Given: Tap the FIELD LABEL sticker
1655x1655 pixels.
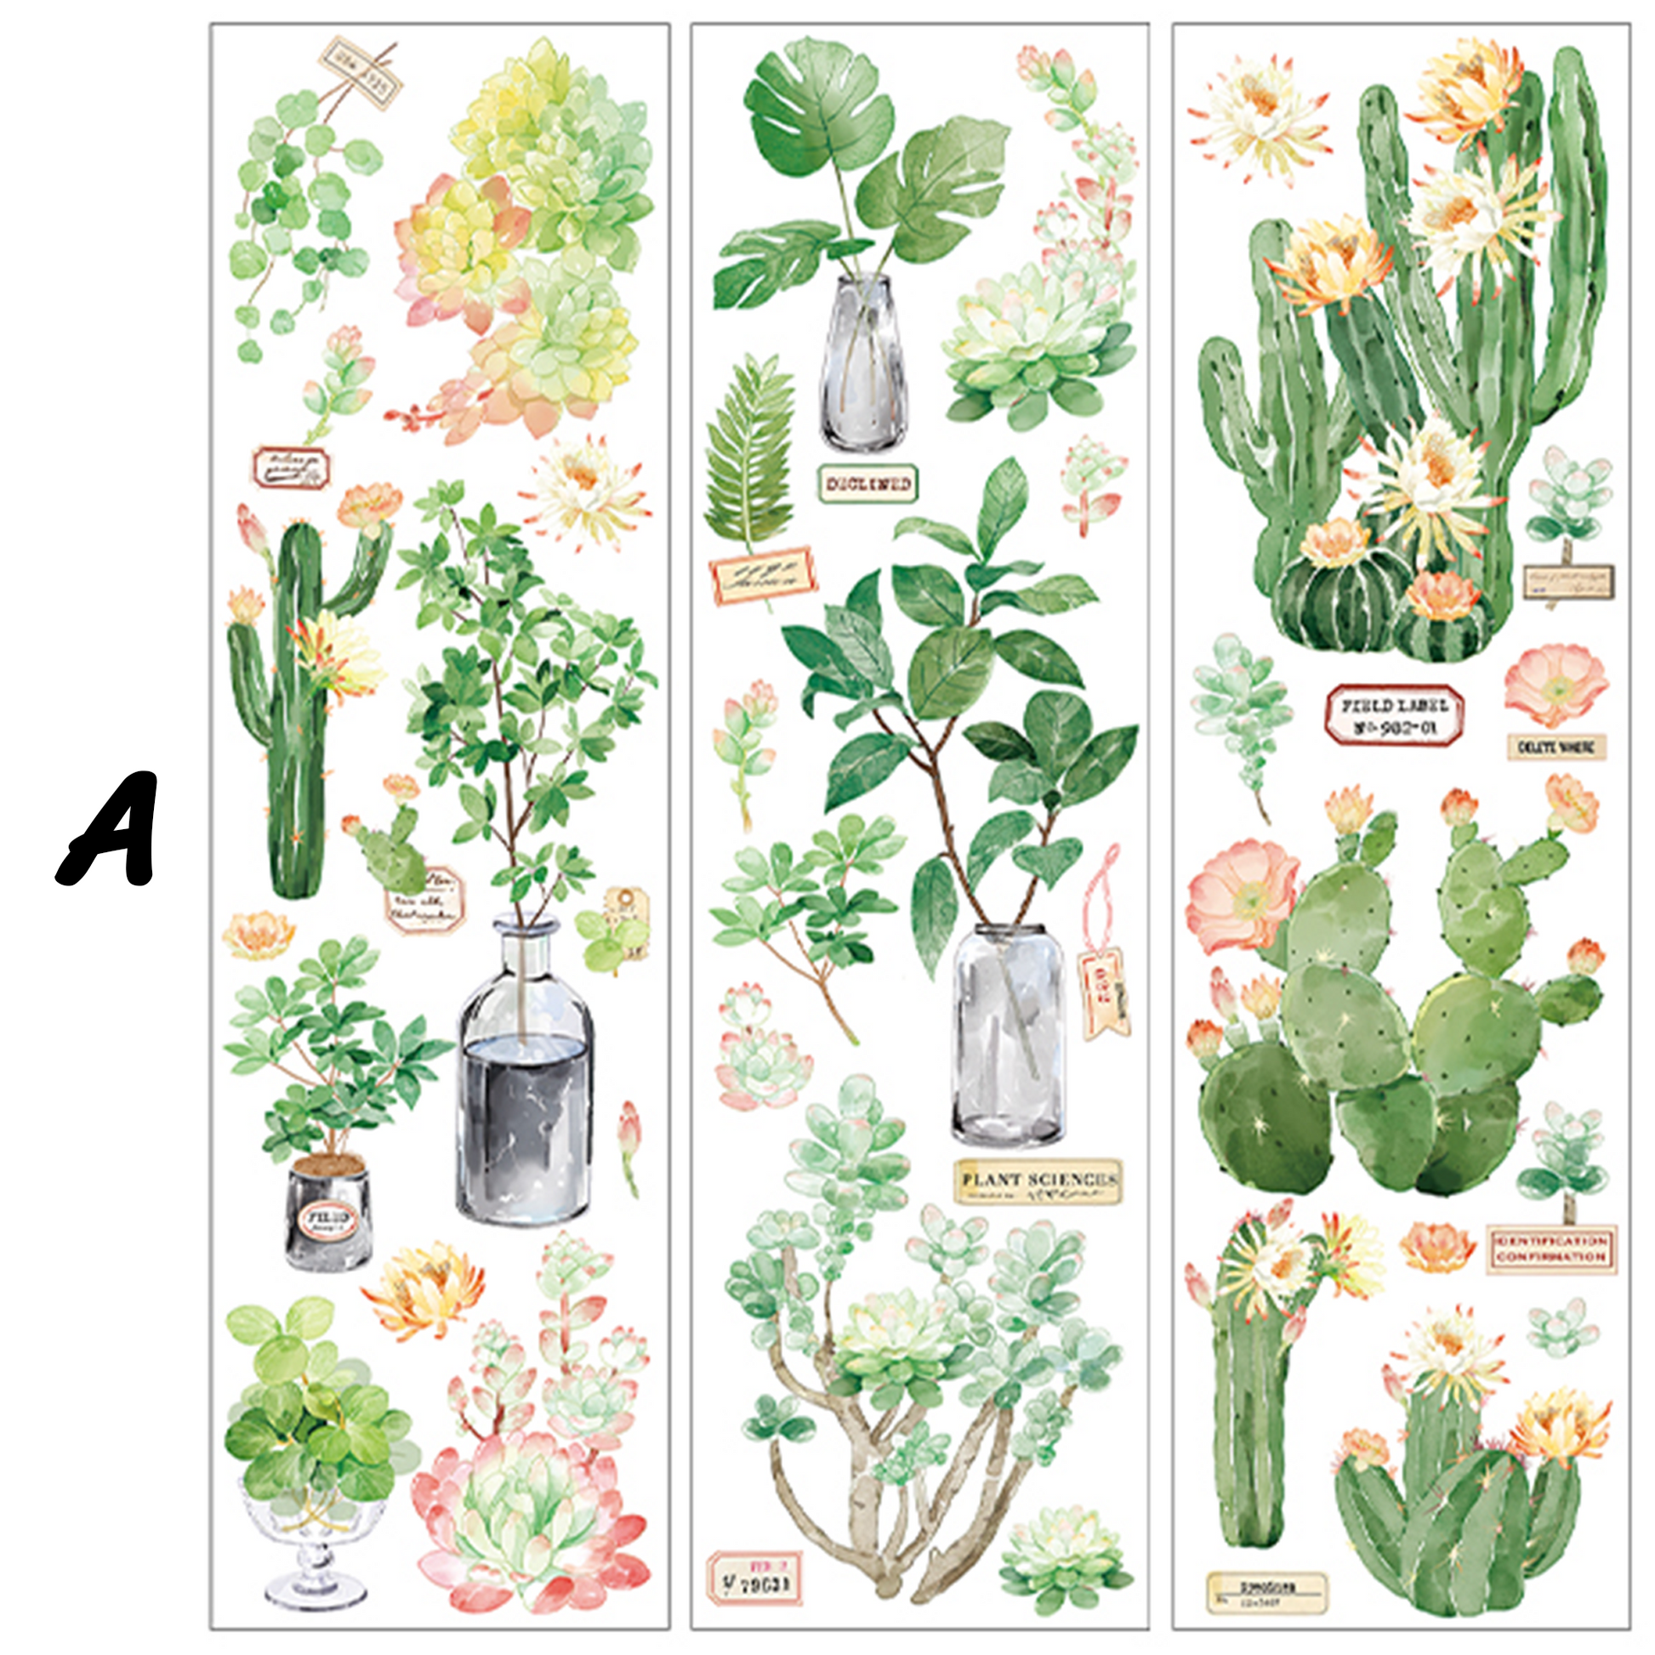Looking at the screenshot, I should (x=1394, y=716).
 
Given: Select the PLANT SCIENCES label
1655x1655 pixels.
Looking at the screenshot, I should (x=1038, y=1180).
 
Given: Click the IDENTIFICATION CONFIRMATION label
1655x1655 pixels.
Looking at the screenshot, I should (x=1550, y=1249).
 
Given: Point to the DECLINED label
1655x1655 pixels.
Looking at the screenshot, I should (x=867, y=484).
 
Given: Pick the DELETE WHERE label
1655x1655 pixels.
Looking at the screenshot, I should (x=1555, y=747).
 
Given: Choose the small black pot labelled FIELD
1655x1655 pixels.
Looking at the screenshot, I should (x=328, y=1212).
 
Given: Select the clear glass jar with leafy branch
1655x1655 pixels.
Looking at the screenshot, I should (x=1007, y=1037).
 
